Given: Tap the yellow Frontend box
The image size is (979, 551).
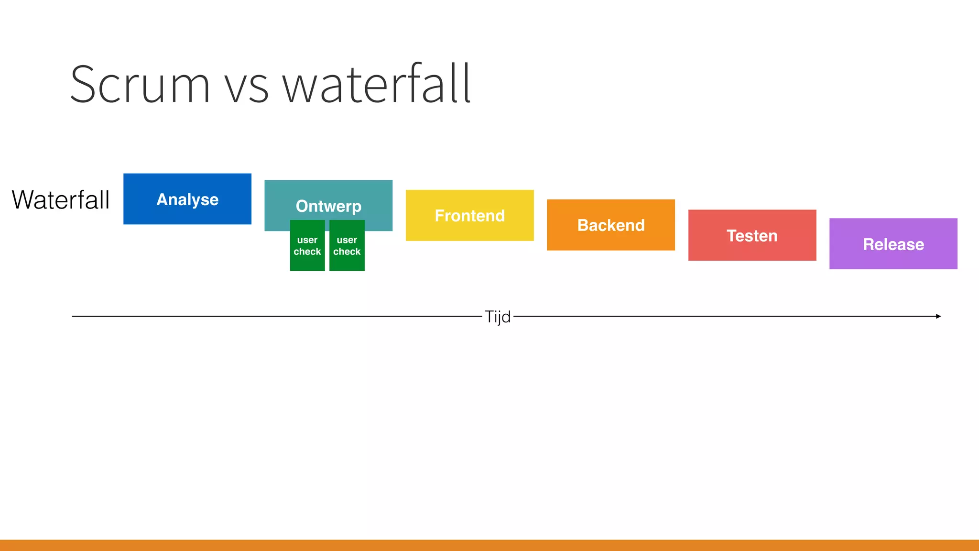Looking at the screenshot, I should pos(469,230).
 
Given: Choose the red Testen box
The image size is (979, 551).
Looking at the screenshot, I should pos(752,249).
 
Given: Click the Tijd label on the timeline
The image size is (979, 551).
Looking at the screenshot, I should pos(498,317).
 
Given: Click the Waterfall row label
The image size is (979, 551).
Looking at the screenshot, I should pos(61,199).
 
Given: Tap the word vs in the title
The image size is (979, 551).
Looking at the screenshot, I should pos(247,89).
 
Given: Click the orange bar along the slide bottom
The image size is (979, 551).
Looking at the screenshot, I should pos(489,545).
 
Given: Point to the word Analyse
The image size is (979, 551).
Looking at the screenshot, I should pos(187,199).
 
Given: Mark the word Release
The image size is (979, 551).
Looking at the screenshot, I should pos(893,244).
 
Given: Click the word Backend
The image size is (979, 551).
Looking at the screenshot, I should pos(611,225).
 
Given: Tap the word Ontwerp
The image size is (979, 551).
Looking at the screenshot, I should pos(328,206).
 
